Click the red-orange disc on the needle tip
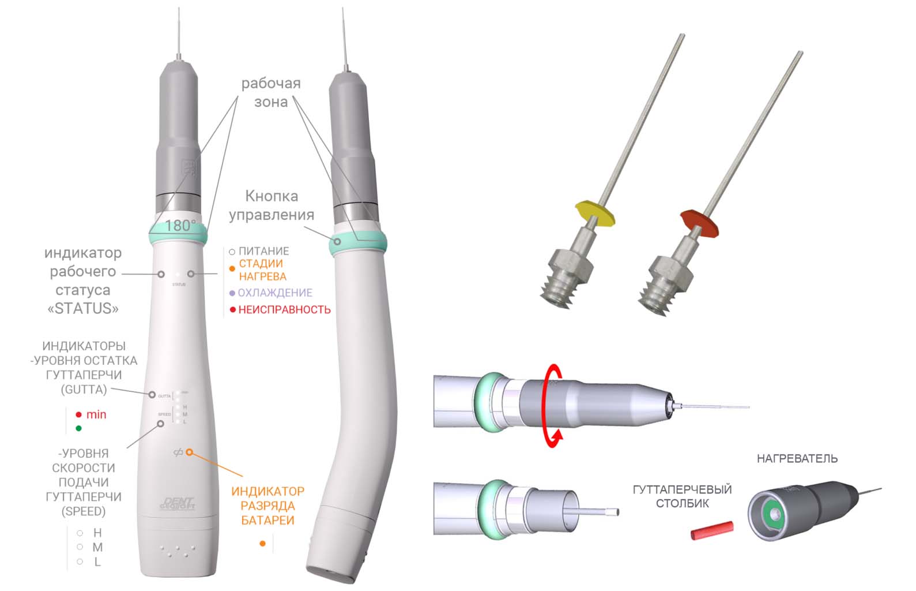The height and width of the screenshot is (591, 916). click(699, 222)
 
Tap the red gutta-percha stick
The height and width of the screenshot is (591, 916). click(712, 530)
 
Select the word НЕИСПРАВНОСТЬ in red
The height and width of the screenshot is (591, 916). click(284, 310)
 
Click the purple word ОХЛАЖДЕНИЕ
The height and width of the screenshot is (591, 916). click(275, 293)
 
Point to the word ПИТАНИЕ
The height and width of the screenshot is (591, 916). click(263, 251)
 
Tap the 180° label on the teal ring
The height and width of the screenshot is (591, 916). click(180, 226)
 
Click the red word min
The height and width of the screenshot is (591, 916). click(96, 414)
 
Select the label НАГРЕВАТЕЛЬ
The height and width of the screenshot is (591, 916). click(797, 459)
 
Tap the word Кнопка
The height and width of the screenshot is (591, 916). click(272, 196)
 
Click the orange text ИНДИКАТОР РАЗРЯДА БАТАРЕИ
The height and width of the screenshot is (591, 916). click(267, 506)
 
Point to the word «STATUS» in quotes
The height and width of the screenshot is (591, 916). click(83, 309)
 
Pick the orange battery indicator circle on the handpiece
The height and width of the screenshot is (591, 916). click(189, 452)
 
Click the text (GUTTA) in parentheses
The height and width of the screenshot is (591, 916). click(84, 390)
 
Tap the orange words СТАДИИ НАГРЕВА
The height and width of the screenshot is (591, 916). click(262, 270)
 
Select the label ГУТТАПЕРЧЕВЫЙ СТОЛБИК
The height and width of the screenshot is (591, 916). click(682, 496)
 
